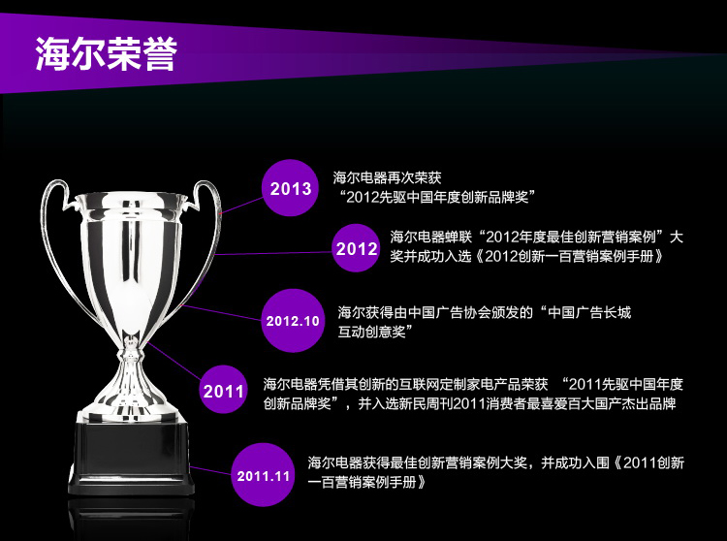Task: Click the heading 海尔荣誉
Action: tap(107, 53)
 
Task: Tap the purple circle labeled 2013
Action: tap(290, 188)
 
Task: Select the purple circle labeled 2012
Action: tap(356, 248)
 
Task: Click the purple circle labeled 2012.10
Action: tap(293, 320)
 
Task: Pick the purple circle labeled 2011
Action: tap(223, 390)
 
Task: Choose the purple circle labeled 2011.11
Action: tap(263, 475)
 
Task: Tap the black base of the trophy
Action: tap(131, 457)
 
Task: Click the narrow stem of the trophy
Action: tap(132, 362)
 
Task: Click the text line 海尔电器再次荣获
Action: tap(387, 177)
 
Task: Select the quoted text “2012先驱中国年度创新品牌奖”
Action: tap(436, 197)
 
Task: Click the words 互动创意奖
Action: tap(372, 332)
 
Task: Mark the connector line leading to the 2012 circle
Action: tap(273, 253)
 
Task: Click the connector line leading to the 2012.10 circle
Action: tap(221, 312)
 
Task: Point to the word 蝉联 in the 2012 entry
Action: tap(458, 237)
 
